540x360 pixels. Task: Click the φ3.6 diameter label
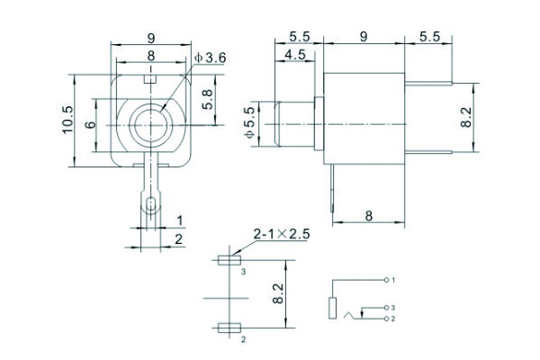[210, 58]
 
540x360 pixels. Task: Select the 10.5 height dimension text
[67, 120]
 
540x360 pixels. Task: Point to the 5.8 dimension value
[207, 100]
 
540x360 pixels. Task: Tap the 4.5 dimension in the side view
[295, 55]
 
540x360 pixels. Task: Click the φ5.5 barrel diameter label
[250, 122]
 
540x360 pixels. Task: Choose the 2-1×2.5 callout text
[282, 234]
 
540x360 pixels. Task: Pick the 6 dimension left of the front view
[91, 124]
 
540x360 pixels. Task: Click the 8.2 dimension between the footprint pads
[278, 293]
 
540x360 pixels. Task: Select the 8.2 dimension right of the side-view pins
[466, 118]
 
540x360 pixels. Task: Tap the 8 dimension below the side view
[368, 216]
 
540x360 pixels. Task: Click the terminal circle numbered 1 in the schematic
[386, 280]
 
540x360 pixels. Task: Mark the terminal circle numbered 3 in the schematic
[386, 307]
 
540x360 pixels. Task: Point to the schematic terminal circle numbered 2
[386, 319]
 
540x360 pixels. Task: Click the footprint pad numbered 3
[229, 260]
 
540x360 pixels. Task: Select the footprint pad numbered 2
[229, 328]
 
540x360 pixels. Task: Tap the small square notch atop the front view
[150, 79]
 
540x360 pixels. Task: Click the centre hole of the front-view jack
[151, 125]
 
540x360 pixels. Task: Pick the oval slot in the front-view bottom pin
[151, 204]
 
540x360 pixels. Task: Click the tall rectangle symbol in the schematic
[332, 308]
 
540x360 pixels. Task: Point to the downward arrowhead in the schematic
[362, 314]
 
